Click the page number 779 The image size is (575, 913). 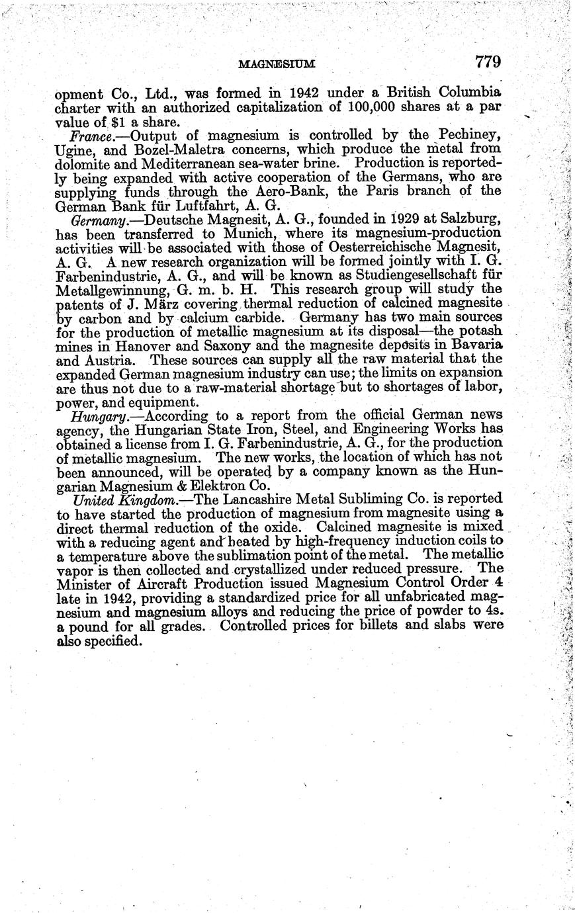488,62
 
